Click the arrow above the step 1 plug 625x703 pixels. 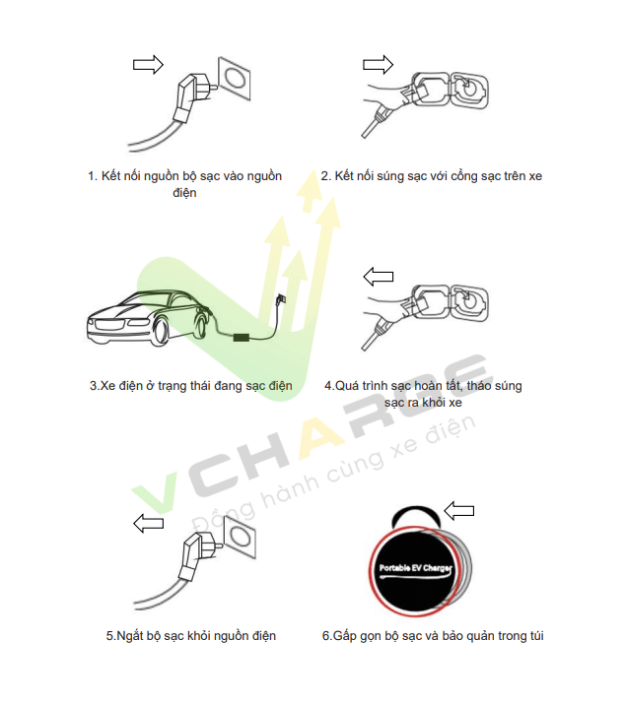[x=148, y=64]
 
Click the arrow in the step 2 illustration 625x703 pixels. [x=378, y=64]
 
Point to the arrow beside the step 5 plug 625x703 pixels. [x=148, y=523]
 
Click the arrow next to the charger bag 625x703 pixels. [x=458, y=510]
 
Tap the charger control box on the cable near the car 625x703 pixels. [x=240, y=337]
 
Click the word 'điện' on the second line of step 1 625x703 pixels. [x=184, y=193]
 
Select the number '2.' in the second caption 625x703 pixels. [x=326, y=176]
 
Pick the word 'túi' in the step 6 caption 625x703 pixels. [x=533, y=636]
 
